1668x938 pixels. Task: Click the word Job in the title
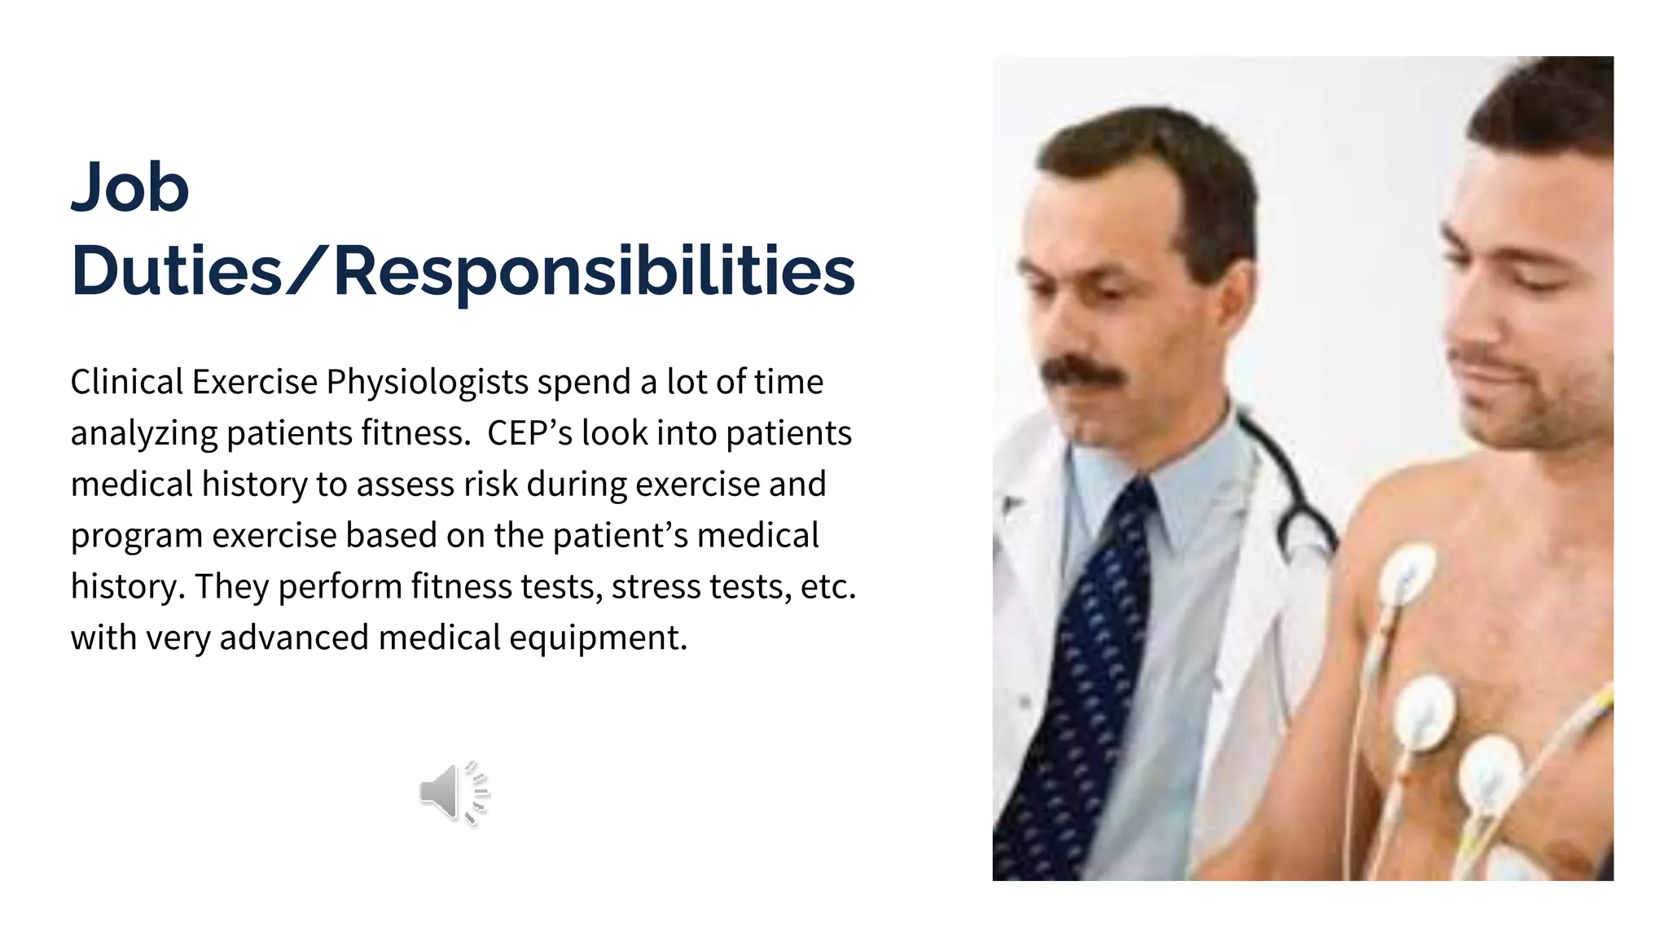(x=130, y=187)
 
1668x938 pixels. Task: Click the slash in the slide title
(x=308, y=270)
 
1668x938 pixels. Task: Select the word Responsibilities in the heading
(x=595, y=272)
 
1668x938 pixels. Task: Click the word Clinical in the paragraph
(x=126, y=382)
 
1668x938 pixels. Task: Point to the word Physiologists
(x=428, y=383)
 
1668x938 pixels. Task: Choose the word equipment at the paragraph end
(x=598, y=638)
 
